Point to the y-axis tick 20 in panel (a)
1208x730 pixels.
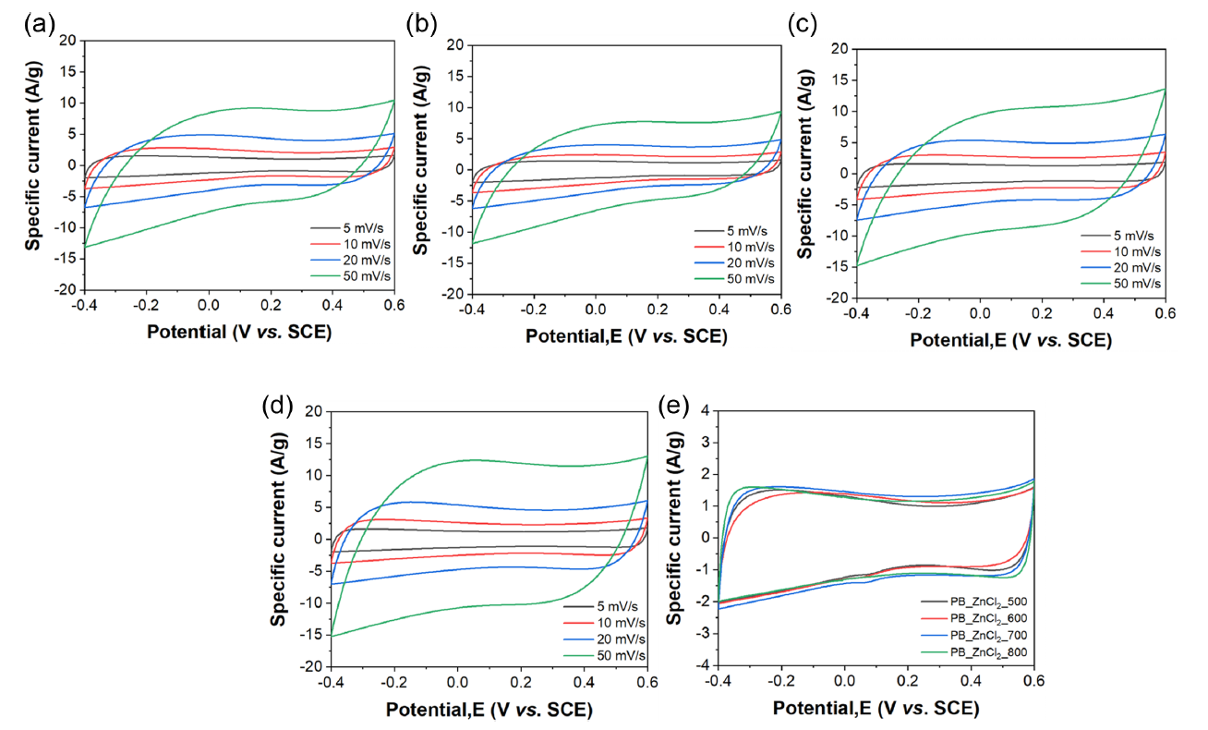click(67, 41)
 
